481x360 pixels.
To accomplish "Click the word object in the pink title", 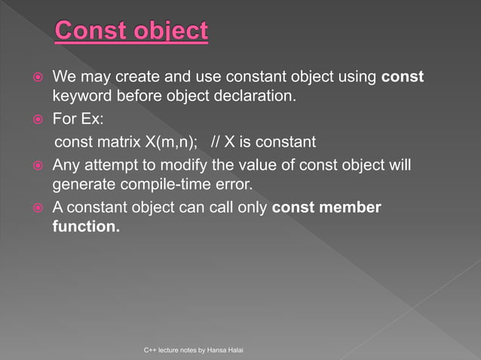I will tap(170, 31).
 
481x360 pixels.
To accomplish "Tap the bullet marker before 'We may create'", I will tap(35, 78).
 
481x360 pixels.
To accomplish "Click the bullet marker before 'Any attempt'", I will tap(35, 164).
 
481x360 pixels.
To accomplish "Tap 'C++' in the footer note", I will tap(149, 351).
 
